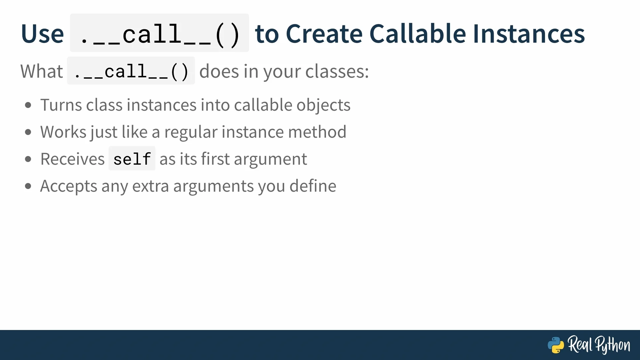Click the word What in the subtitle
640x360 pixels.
(x=42, y=71)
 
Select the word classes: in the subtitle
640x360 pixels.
(x=337, y=71)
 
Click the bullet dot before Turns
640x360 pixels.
(x=28, y=105)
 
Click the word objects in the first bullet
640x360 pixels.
(x=323, y=105)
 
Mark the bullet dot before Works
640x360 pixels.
(x=28, y=132)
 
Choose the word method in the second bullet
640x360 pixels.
(x=317, y=132)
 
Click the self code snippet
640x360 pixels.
(x=132, y=159)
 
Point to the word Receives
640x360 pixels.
(x=72, y=159)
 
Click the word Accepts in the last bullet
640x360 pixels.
(x=69, y=186)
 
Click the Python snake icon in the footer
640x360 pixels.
(x=556, y=345)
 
